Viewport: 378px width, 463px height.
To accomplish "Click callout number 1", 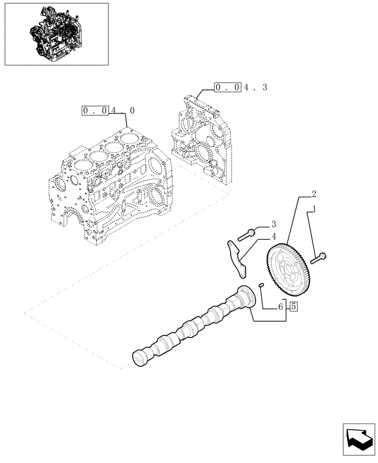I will (x=315, y=209).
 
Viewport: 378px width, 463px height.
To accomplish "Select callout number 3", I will (x=273, y=224).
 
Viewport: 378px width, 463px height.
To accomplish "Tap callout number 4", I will (x=273, y=236).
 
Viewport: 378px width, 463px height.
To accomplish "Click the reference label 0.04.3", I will (x=240, y=87).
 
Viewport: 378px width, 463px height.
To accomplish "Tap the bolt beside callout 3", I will (x=246, y=234).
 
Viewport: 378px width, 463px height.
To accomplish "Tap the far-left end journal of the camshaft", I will (x=139, y=358).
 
